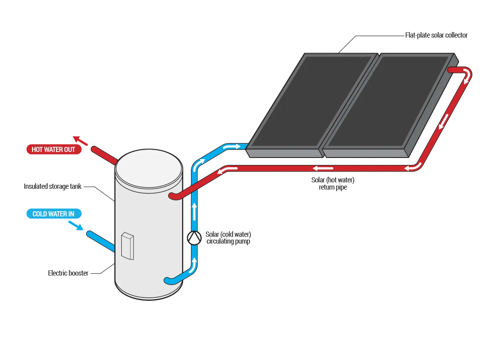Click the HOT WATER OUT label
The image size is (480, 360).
point(53,150)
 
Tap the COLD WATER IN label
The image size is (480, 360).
point(53,214)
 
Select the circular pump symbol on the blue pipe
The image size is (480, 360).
point(194,238)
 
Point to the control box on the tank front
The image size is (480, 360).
point(127,246)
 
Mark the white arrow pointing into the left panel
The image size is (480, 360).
point(232,147)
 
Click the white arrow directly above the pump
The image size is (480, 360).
point(194,211)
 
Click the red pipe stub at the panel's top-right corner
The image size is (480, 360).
point(454,70)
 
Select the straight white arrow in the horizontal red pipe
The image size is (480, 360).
point(323,168)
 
